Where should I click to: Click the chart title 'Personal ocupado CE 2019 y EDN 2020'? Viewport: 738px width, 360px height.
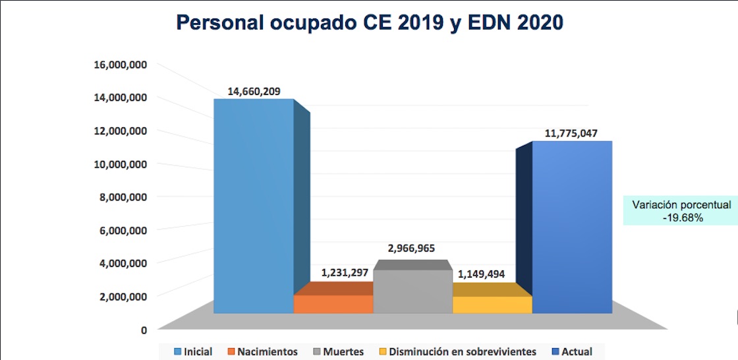click(369, 22)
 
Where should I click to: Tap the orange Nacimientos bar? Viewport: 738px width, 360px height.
click(333, 303)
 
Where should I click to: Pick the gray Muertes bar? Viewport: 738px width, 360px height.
click(412, 290)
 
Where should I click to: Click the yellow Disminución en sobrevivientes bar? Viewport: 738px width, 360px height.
click(492, 304)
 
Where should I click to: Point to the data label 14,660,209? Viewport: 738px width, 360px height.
click(254, 92)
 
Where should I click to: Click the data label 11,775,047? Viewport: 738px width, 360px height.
click(571, 133)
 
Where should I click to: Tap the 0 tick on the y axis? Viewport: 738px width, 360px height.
click(143, 330)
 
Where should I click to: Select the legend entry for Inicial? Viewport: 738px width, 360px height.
click(192, 351)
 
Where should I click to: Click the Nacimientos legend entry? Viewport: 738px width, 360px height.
click(262, 351)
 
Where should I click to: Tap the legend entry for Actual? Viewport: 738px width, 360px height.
click(571, 351)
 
